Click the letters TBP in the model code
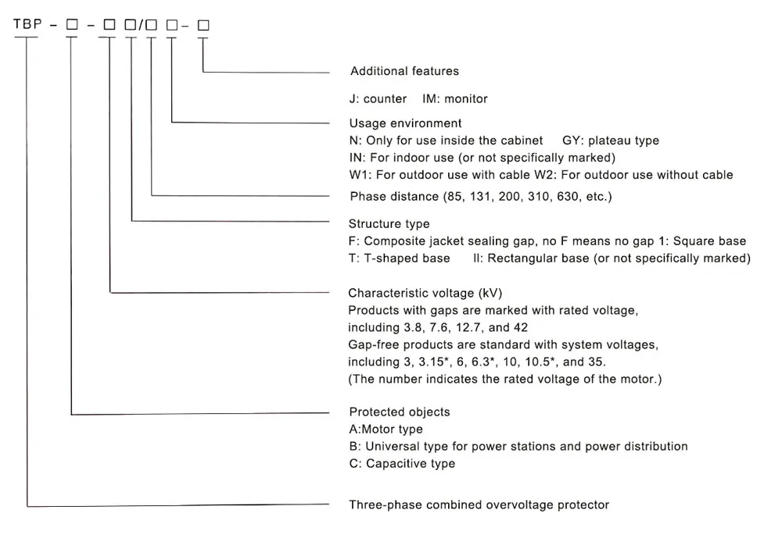click(27, 26)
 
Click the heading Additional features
click(404, 71)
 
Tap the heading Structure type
click(389, 224)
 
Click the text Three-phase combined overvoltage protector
click(479, 504)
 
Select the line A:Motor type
click(386, 429)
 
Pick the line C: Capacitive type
click(402, 463)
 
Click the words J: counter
click(378, 98)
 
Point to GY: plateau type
click(611, 141)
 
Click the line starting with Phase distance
click(480, 196)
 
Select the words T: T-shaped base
click(399, 258)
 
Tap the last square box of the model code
click(203, 26)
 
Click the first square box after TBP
click(72, 26)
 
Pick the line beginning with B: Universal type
click(518, 446)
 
